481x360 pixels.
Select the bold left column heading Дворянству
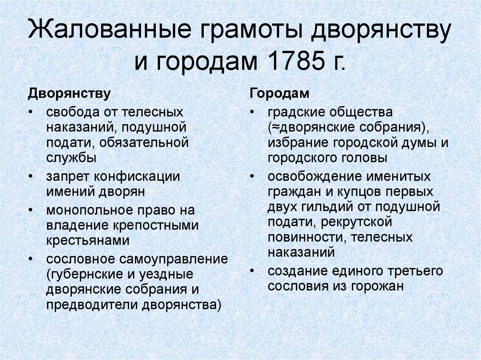[x=70, y=93]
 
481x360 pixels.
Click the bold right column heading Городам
[x=279, y=93]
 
